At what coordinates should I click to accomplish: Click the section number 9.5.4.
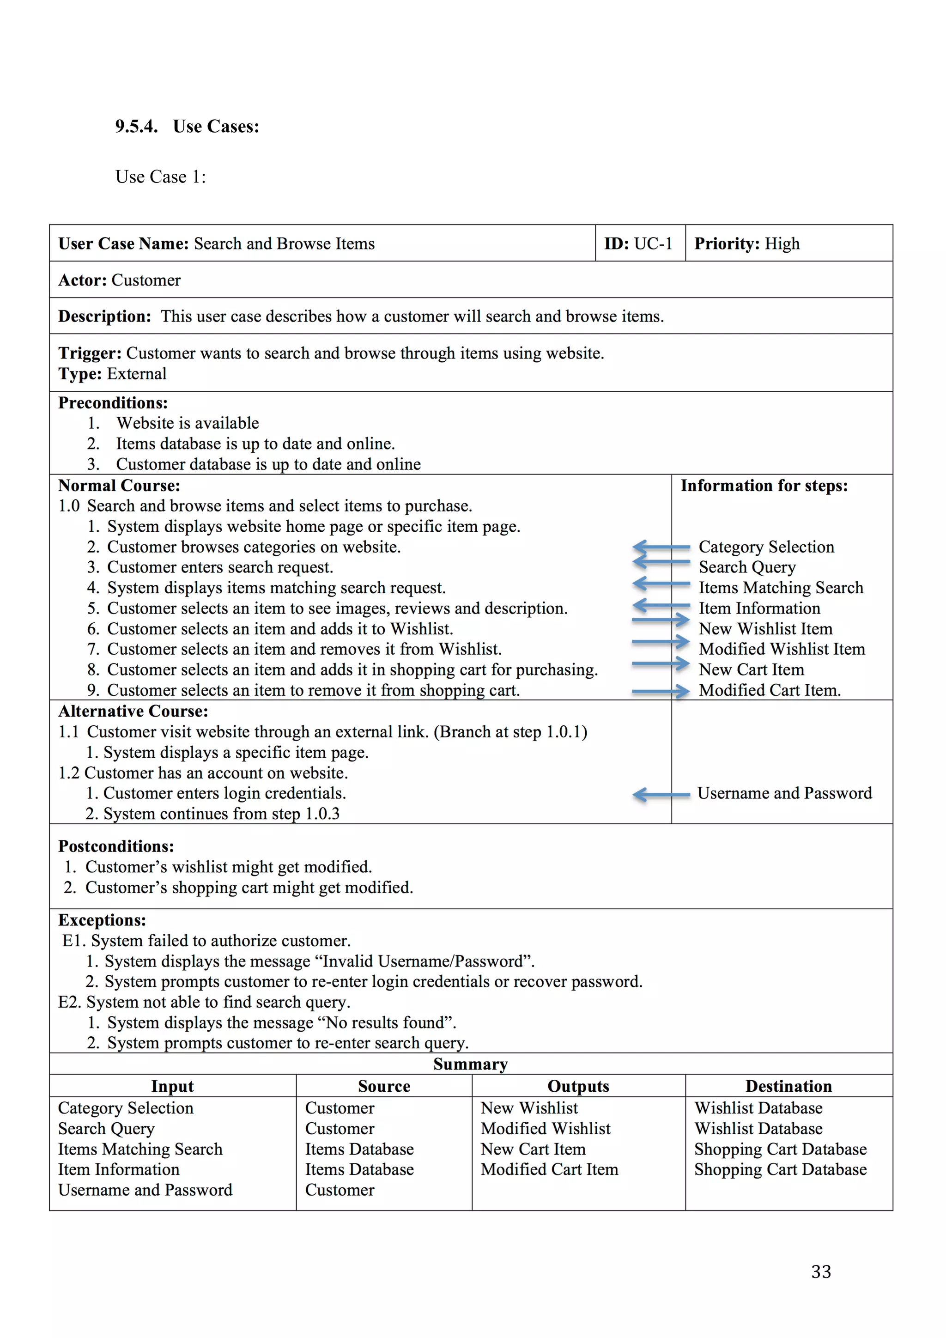(x=136, y=127)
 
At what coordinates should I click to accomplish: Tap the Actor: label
(x=82, y=280)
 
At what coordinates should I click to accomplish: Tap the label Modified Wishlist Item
(x=782, y=649)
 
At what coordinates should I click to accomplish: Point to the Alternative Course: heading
(x=133, y=711)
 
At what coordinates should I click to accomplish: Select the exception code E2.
(x=69, y=1002)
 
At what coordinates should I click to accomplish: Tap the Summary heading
(x=470, y=1064)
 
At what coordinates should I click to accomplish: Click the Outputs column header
(x=578, y=1086)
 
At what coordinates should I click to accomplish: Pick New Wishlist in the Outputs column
(x=529, y=1108)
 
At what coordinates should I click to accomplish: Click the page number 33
(x=821, y=1271)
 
